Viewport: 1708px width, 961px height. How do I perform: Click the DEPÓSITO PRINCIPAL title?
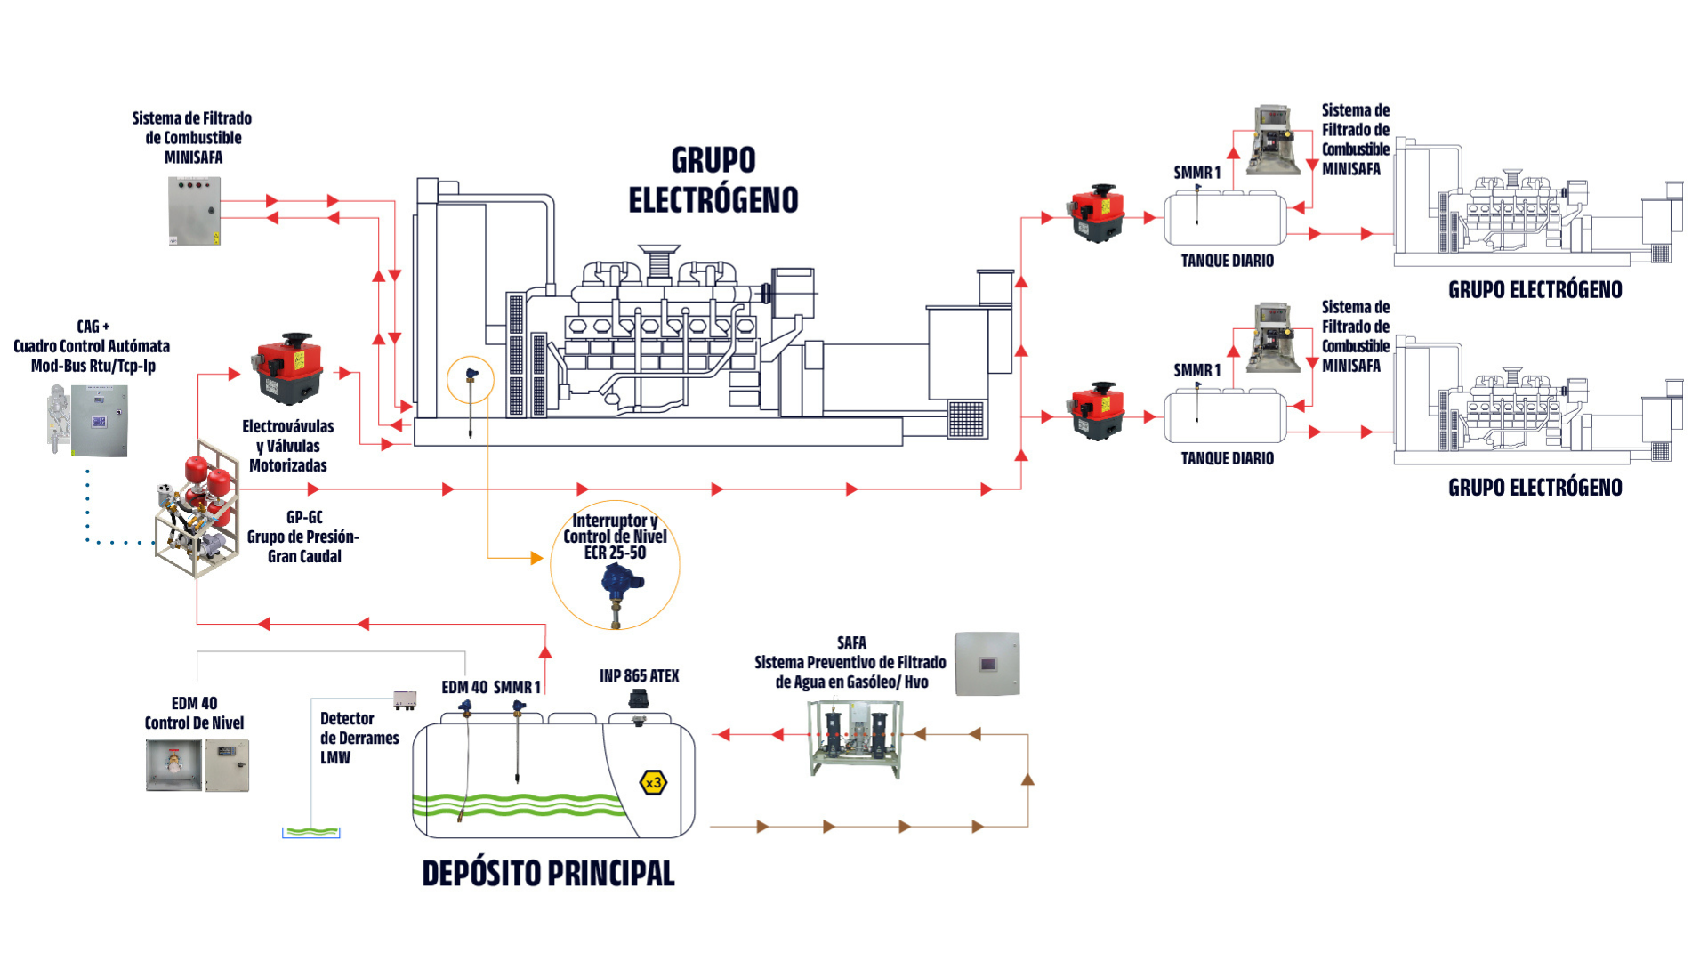[548, 873]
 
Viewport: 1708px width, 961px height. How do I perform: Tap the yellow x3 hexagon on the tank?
[653, 783]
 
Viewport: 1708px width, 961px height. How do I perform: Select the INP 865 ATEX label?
[639, 676]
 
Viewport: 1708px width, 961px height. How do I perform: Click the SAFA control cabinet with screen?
[987, 664]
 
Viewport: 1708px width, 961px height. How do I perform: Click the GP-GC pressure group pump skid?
[198, 509]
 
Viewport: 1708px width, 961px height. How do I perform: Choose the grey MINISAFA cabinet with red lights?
[194, 211]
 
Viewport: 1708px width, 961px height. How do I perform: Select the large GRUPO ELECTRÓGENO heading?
[713, 181]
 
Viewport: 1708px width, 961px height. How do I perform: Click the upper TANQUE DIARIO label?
[1227, 261]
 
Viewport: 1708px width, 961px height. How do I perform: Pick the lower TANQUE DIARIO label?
[1227, 458]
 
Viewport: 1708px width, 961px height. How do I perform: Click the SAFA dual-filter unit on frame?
[855, 738]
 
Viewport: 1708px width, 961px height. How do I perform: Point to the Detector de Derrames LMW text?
[359, 738]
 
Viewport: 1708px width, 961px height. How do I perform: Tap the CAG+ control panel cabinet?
[99, 421]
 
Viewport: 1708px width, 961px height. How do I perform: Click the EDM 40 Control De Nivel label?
[194, 713]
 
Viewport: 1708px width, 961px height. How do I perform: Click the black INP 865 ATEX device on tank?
[638, 700]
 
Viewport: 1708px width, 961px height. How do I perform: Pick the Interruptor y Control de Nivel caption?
[615, 536]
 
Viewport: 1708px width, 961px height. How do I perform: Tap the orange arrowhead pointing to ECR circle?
[536, 558]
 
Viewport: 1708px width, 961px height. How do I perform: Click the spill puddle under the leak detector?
[311, 832]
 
